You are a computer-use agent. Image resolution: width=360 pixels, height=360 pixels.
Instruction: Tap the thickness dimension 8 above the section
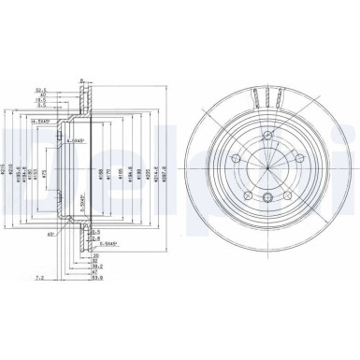coord(82,82)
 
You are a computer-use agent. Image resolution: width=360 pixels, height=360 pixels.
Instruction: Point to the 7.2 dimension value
coord(10,278)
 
